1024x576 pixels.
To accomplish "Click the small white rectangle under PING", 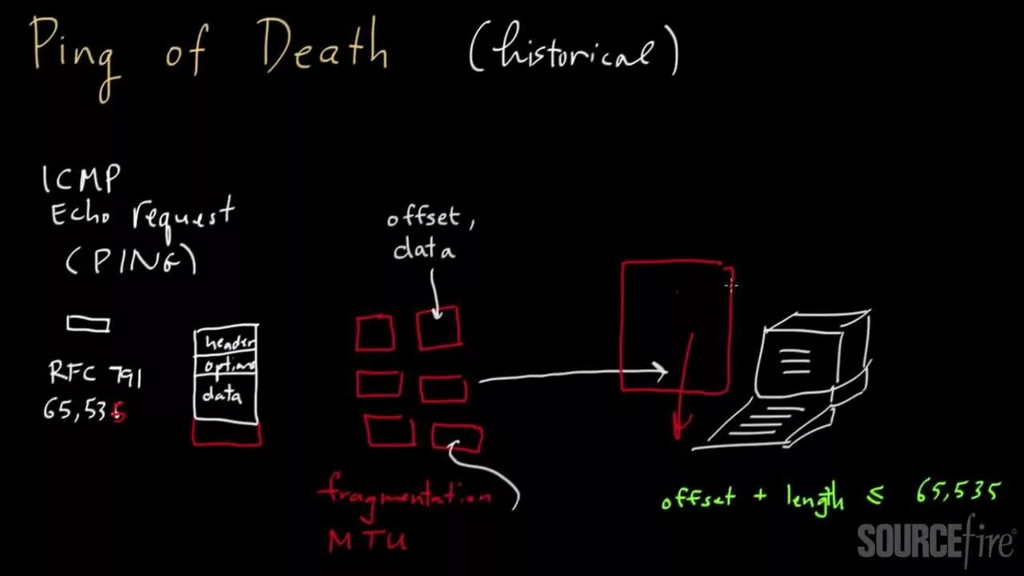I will (x=88, y=324).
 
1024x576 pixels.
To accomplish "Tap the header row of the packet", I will (x=226, y=342).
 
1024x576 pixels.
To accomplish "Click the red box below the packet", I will (x=226, y=434).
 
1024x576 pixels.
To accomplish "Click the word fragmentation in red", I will (x=405, y=493).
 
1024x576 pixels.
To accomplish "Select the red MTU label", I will (x=367, y=540).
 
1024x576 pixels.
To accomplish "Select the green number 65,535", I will (x=958, y=492).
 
